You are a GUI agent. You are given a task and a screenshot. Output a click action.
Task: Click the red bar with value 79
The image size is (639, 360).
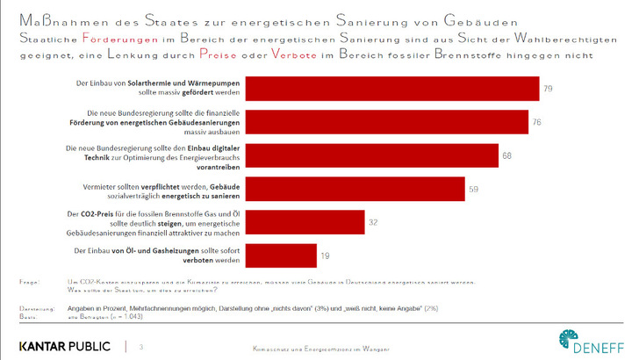tap(391, 90)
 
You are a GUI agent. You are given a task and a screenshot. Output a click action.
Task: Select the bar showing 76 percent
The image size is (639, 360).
tap(385, 122)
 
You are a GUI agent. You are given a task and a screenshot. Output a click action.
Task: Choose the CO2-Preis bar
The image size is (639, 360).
tap(303, 222)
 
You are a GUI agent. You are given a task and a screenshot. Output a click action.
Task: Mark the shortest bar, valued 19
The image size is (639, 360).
tap(279, 255)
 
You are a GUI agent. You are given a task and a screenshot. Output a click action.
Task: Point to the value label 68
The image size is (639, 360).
tap(506, 155)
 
